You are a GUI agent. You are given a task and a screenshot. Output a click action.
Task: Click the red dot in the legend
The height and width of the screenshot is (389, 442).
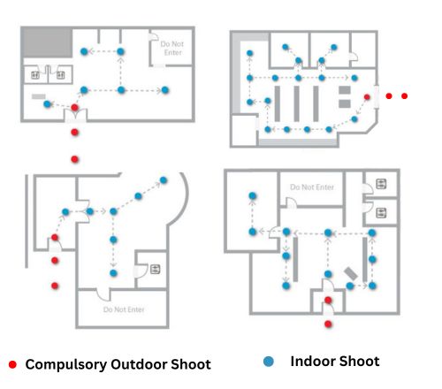point(12,364)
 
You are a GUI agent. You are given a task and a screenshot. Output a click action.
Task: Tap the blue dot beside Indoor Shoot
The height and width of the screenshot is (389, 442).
point(269,362)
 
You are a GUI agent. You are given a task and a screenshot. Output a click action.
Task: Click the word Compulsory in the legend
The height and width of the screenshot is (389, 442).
point(66,365)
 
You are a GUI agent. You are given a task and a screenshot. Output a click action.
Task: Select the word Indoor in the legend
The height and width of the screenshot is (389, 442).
point(312,362)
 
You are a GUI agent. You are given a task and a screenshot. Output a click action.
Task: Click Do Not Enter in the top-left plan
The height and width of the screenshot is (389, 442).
point(172,49)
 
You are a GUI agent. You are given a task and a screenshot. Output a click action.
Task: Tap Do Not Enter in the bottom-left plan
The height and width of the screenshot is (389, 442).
point(124,309)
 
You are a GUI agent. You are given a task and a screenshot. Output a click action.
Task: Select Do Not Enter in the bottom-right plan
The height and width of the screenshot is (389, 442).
point(312,187)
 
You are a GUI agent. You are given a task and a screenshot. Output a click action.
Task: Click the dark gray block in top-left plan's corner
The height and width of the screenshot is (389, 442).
point(47,42)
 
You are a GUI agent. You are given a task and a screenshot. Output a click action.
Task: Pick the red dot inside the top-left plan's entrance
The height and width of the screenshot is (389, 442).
point(75,108)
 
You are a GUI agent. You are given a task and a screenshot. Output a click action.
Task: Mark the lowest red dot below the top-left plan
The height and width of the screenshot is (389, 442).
point(75,159)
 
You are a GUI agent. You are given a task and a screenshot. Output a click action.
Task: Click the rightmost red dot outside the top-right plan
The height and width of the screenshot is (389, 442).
point(405,95)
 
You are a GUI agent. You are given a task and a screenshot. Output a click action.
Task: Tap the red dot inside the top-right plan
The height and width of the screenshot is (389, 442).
point(367,97)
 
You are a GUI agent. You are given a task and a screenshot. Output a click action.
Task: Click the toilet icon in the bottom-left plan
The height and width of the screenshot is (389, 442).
point(156,269)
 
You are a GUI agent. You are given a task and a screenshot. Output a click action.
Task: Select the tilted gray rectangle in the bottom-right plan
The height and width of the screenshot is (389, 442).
point(351,274)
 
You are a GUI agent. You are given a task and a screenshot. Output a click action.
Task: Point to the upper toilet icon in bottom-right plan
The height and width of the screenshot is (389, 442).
point(381,184)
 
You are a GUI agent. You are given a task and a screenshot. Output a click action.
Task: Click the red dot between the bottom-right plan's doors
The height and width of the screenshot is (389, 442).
point(328,300)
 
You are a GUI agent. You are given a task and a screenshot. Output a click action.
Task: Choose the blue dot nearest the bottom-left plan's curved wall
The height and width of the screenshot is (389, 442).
point(164,180)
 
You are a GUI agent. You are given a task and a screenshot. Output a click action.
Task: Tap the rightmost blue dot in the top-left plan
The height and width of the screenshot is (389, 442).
point(165,90)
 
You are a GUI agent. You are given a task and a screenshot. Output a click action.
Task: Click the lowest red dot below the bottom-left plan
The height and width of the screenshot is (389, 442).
point(55,286)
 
